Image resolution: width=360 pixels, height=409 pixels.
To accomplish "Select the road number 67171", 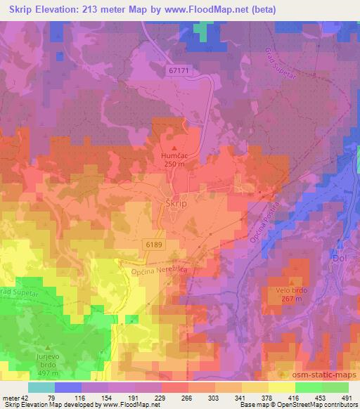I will [x=180, y=71].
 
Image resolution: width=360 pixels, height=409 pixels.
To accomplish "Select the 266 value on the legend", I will [x=188, y=397].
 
